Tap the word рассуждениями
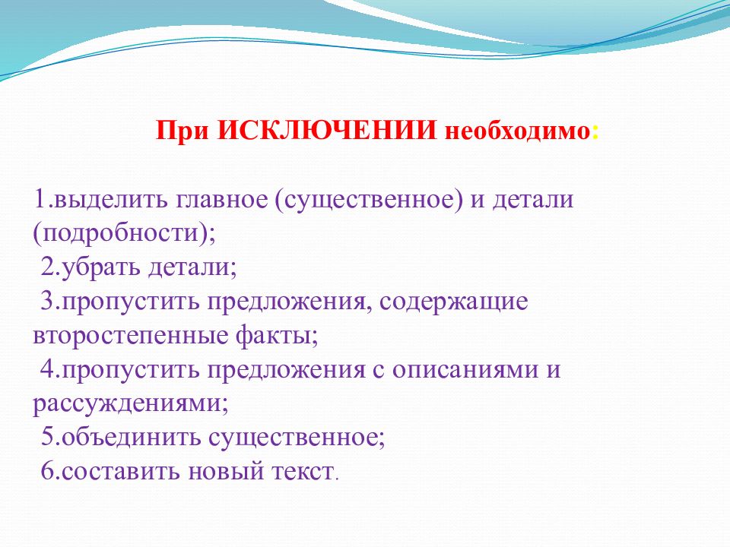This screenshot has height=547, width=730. pyautogui.click(x=130, y=403)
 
